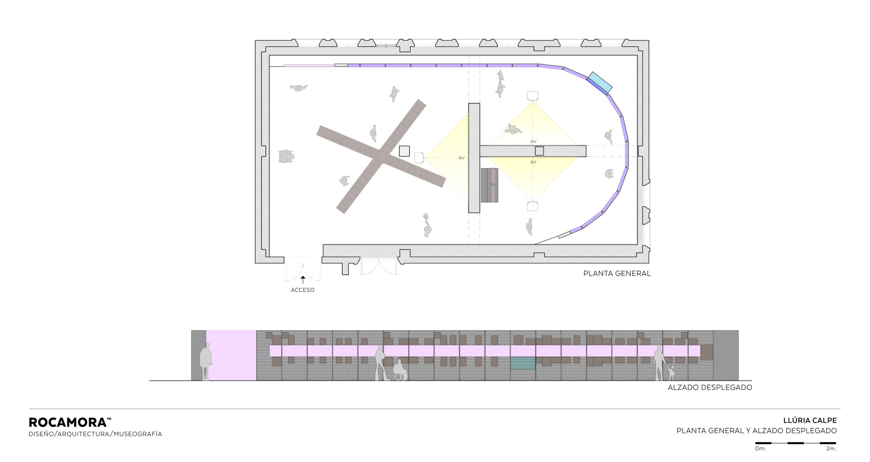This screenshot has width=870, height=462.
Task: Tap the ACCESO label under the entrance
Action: point(302,290)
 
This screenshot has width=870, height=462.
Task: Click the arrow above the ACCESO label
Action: point(302,279)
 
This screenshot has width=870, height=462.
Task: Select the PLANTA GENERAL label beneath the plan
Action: point(617,273)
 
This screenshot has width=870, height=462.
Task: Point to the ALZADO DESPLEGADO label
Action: point(710,387)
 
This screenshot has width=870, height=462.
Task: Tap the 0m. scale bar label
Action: point(761,458)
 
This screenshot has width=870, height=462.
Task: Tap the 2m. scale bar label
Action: point(831,458)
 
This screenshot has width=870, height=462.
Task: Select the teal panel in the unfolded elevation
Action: point(523,363)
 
